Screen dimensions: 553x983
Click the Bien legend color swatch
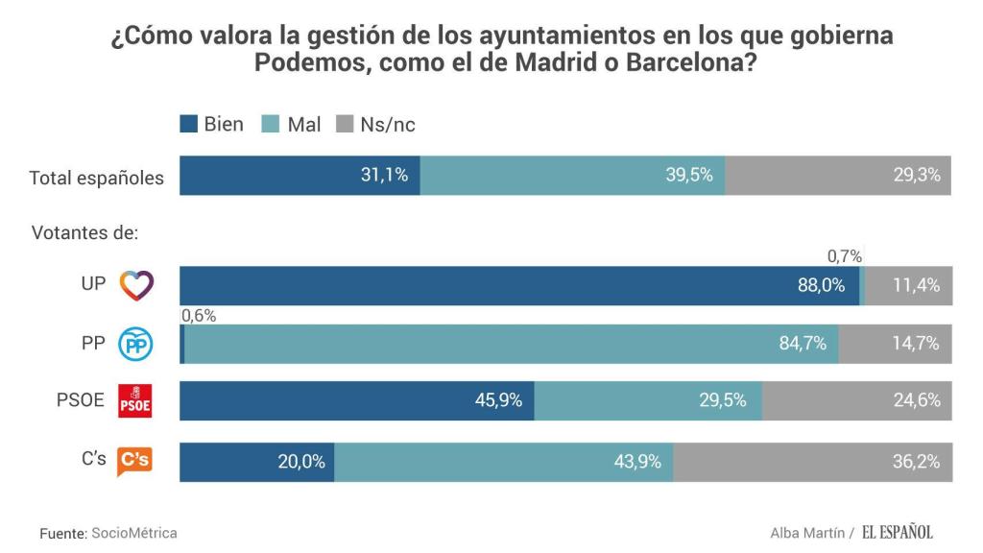[x=189, y=125]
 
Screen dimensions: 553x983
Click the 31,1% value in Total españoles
[x=385, y=175]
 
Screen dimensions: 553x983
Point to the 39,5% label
[x=689, y=175]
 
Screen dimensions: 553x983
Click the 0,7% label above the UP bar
[x=845, y=256]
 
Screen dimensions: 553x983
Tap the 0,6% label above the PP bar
[x=199, y=315]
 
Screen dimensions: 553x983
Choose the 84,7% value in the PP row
[x=803, y=344]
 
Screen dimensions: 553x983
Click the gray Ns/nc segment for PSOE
[x=857, y=400]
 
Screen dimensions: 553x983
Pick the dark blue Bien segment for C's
[x=256, y=462]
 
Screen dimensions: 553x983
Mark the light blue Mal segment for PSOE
[x=648, y=400]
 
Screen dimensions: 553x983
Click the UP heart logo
[x=135, y=285]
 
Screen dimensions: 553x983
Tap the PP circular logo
[x=135, y=344]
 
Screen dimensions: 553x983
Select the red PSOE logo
[x=134, y=400]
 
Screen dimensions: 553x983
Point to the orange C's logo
[x=134, y=462]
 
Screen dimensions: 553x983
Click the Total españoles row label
[x=97, y=178]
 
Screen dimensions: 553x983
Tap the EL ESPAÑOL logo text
[x=897, y=533]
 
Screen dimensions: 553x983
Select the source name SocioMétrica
[x=134, y=533]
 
